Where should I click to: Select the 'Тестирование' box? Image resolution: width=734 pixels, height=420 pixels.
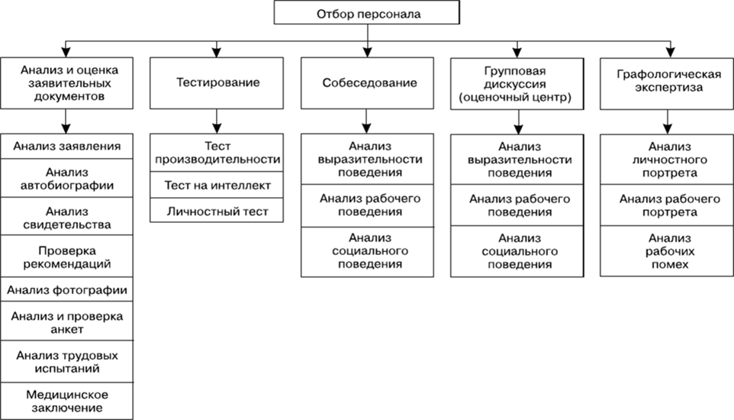218,82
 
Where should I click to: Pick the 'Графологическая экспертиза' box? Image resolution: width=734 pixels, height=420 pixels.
669,82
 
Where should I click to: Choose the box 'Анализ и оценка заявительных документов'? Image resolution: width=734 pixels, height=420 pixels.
66,82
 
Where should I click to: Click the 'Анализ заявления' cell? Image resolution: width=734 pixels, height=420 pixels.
66,146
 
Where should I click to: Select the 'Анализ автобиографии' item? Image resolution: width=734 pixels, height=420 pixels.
66,178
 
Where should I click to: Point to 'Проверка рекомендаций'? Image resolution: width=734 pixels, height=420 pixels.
66,257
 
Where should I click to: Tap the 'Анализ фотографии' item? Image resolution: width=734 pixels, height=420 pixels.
66,289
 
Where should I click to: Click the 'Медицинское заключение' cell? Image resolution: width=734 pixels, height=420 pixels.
66,401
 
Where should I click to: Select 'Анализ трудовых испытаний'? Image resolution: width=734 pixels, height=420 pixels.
66,361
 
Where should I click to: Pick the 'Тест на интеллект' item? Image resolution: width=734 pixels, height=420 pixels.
218,186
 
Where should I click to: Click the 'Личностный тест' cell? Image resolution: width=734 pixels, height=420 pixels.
218,210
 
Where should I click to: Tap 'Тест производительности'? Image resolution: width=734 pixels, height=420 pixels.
218,153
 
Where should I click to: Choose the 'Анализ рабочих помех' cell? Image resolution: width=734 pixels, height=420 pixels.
669,250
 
